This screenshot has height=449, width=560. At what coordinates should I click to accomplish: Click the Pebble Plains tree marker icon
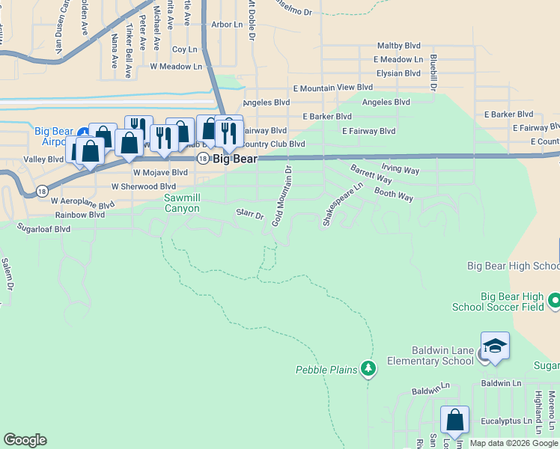click(368, 368)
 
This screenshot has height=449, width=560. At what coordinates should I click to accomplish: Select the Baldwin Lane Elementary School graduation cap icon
click(495, 346)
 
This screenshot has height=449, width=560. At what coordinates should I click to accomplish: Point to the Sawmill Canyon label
click(182, 203)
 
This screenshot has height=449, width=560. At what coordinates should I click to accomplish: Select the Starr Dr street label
click(250, 215)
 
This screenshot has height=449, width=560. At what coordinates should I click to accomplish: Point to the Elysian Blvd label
click(398, 73)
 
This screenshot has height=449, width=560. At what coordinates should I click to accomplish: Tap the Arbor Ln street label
click(228, 25)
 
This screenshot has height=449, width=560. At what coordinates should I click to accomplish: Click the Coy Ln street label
click(184, 49)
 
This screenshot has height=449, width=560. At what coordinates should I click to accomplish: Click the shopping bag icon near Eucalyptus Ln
click(454, 421)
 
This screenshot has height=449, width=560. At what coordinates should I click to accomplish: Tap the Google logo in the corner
click(25, 440)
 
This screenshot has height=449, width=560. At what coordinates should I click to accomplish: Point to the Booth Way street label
click(394, 196)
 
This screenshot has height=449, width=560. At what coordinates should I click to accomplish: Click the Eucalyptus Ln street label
click(505, 421)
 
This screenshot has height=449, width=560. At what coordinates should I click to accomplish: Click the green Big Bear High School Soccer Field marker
click(554, 301)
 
